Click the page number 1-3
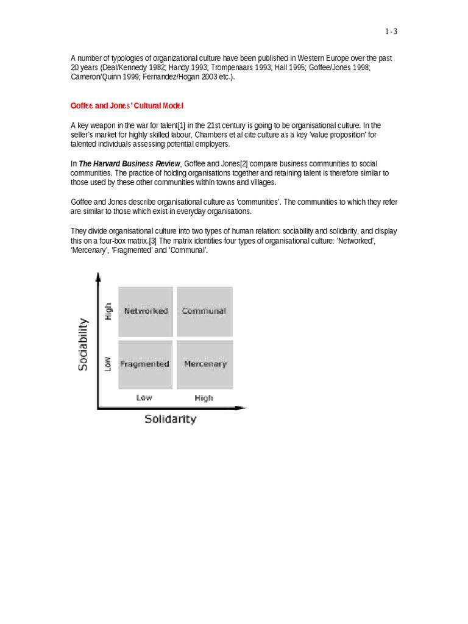(x=391, y=32)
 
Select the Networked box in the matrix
(x=146, y=311)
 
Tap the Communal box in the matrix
(x=204, y=311)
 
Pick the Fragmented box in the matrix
(x=144, y=364)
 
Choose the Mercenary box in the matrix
(x=205, y=364)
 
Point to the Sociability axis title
(x=83, y=345)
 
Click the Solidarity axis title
(x=170, y=419)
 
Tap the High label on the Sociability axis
(x=108, y=311)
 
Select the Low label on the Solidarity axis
(x=144, y=397)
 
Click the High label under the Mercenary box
(x=204, y=398)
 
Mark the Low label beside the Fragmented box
(x=108, y=364)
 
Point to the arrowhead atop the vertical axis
(x=97, y=276)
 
